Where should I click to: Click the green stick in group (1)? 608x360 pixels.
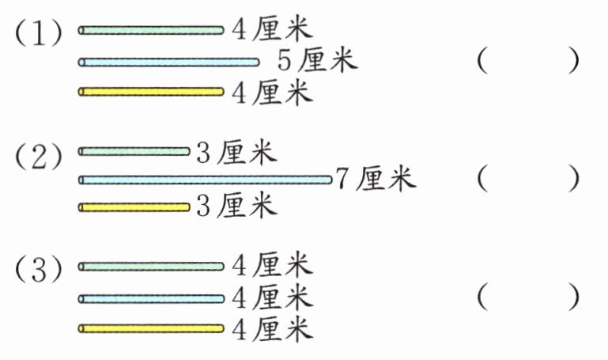tap(151, 31)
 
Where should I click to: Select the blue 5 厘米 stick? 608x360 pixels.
tap(168, 62)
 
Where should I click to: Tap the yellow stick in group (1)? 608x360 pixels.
tap(151, 92)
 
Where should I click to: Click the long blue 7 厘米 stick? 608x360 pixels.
tap(205, 180)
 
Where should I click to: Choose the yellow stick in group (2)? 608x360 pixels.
tap(134, 207)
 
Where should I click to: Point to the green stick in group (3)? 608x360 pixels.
tap(151, 267)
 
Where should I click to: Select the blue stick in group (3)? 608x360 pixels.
tap(151, 298)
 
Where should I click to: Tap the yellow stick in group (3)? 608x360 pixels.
tap(151, 328)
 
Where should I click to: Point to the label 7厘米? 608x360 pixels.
tap(375, 179)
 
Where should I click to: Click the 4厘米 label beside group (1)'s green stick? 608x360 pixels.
tap(272, 31)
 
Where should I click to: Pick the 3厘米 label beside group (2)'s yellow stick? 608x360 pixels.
tap(236, 207)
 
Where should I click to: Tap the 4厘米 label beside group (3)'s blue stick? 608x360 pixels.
tap(272, 298)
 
